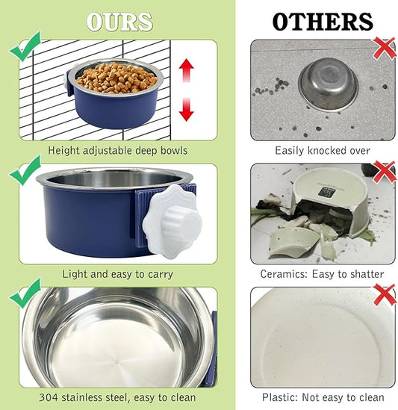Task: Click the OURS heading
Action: pos(119,22)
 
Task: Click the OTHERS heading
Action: pos(322,22)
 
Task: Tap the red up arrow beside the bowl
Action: pos(187,71)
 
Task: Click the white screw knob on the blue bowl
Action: pos(170,214)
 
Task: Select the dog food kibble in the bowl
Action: pos(116,77)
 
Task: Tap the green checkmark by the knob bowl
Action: pos(25,170)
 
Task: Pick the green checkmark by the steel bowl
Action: pos(25,293)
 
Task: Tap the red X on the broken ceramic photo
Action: pos(384,171)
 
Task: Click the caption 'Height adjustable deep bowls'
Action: pos(119,150)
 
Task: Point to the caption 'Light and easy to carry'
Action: pos(119,274)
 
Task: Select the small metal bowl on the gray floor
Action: pos(328,84)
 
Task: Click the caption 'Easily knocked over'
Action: pos(323,150)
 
